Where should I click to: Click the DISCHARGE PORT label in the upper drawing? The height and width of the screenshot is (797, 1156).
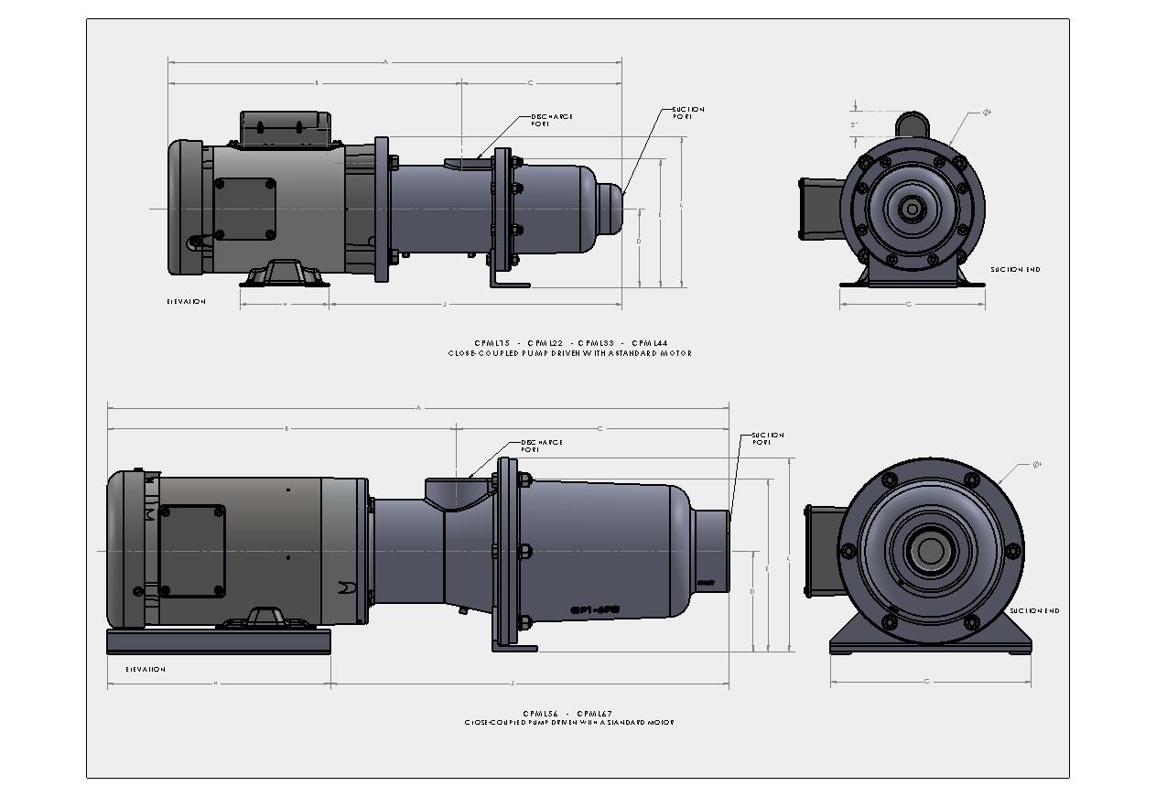click(x=552, y=120)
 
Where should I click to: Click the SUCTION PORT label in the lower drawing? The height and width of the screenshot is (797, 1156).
click(x=767, y=438)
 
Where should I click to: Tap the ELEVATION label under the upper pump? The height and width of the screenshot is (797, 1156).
click(x=186, y=301)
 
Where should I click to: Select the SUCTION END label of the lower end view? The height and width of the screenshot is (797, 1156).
click(x=1034, y=610)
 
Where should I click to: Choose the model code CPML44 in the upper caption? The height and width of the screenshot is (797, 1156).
click(x=649, y=343)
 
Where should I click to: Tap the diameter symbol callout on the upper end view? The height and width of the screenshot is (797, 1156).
click(x=987, y=112)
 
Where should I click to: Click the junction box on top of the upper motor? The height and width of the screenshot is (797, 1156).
click(x=286, y=127)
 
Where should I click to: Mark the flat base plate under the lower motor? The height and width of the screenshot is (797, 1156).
click(x=219, y=641)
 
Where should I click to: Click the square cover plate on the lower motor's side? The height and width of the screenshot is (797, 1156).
click(x=191, y=551)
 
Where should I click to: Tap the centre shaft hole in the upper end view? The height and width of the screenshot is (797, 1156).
click(x=912, y=209)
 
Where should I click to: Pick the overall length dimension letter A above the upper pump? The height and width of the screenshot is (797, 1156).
click(x=385, y=62)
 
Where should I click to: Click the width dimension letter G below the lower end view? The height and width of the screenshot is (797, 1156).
click(x=927, y=682)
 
